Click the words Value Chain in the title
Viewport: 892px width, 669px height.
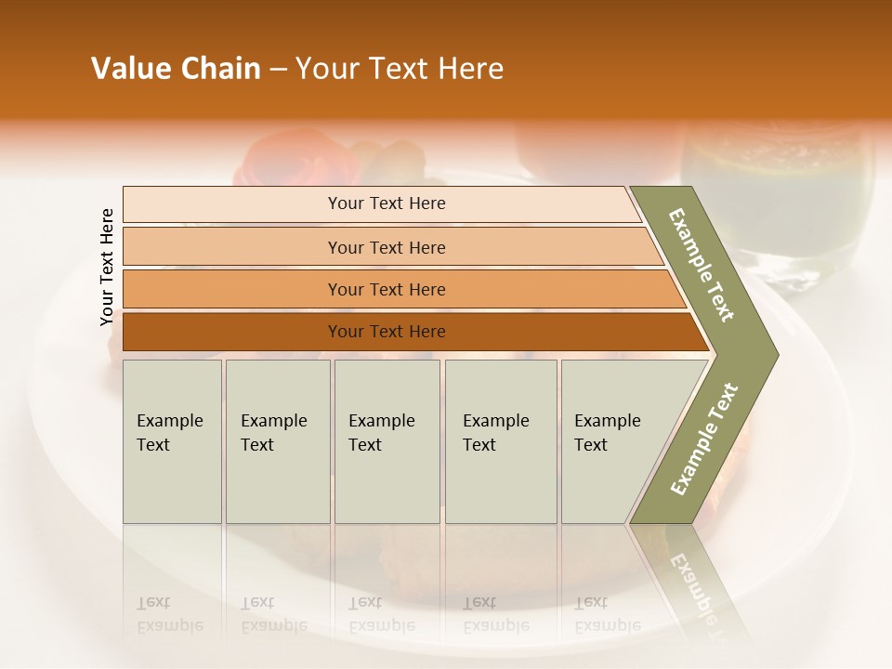click(x=176, y=69)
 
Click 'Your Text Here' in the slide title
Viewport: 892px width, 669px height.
click(x=400, y=69)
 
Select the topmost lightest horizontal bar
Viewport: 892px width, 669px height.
click(x=232, y=204)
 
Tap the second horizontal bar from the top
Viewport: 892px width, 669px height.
click(x=232, y=247)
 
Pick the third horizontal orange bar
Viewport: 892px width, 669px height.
click(x=232, y=289)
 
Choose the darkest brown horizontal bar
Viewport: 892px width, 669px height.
click(x=232, y=332)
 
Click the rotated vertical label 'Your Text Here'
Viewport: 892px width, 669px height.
click(x=107, y=267)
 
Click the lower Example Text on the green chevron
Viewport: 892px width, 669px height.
click(x=704, y=439)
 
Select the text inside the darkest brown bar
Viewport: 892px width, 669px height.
click(x=387, y=332)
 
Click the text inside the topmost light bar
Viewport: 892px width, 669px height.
click(x=387, y=203)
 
